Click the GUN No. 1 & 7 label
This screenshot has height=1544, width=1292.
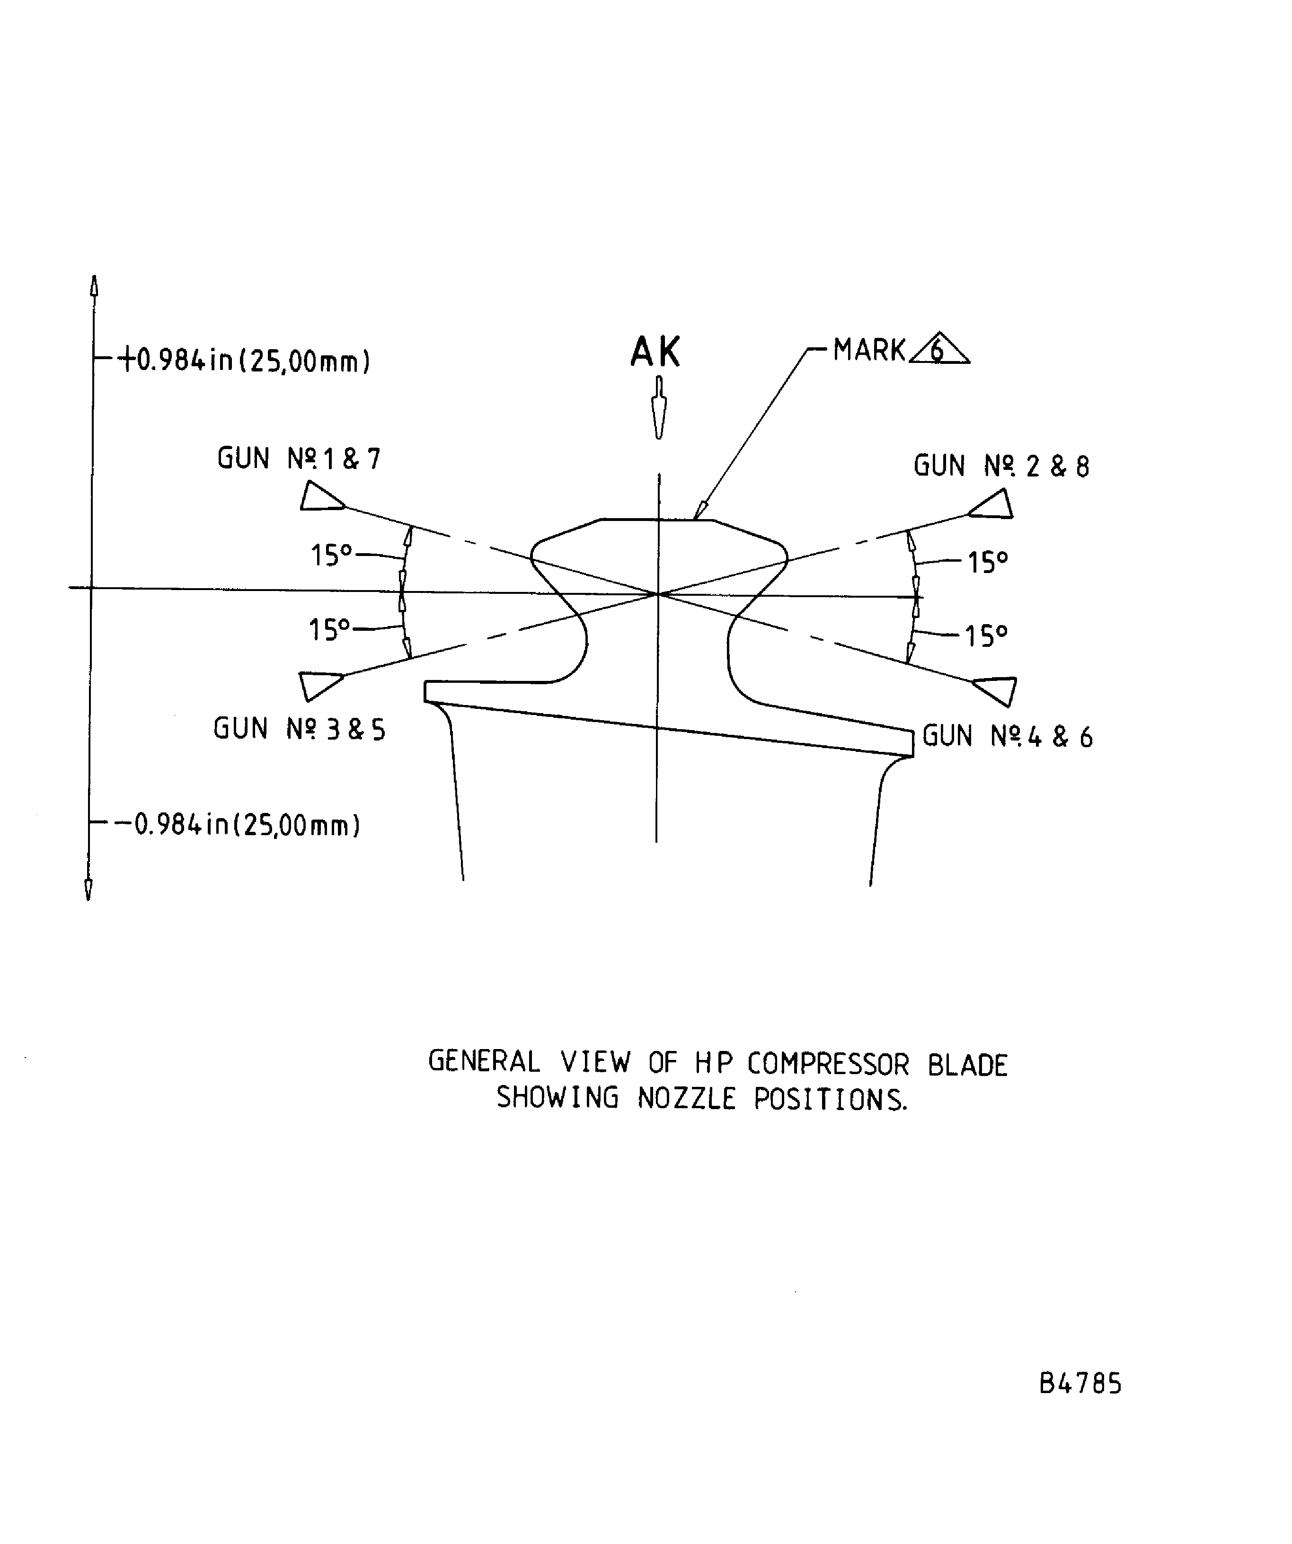299,459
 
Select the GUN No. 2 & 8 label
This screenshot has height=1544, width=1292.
1001,466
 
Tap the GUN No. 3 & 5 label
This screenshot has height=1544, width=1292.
299,729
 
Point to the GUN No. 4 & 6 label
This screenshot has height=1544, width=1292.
1007,737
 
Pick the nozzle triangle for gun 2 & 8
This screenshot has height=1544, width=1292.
993,506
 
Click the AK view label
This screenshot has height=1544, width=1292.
655,352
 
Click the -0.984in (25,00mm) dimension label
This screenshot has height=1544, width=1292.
237,825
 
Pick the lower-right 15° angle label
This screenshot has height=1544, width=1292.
985,635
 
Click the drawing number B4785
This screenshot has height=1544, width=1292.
1080,1384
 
